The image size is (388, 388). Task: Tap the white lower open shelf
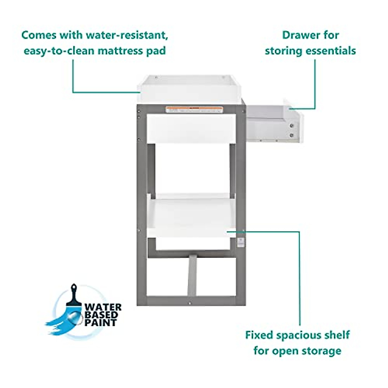(x=191, y=215)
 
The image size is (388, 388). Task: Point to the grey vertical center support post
(x=192, y=275)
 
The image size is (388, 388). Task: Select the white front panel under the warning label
(x=191, y=128)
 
